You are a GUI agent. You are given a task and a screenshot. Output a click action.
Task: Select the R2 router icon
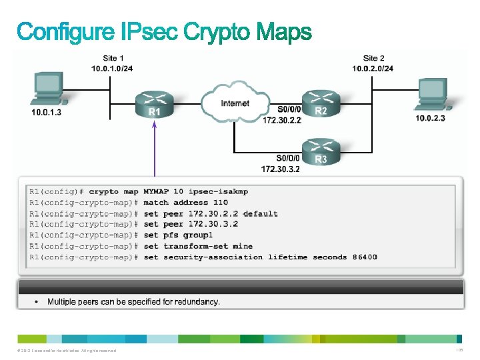[x=319, y=103]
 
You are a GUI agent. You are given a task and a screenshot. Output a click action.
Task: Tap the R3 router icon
[x=319, y=151]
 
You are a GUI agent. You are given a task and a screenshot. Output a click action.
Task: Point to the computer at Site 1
[x=47, y=90]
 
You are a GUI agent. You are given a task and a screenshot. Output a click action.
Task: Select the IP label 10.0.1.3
[x=47, y=113]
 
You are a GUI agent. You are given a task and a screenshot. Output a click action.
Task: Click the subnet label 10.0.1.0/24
[x=111, y=69]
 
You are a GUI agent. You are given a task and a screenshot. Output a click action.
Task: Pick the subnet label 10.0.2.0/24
[x=373, y=69]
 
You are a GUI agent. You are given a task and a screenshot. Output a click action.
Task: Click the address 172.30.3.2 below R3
[x=281, y=169]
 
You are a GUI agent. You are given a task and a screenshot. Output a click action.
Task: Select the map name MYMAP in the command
[x=156, y=191]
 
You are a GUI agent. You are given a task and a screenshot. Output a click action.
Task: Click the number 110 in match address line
[x=220, y=203]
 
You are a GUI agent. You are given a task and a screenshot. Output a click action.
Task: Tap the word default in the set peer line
[x=261, y=214]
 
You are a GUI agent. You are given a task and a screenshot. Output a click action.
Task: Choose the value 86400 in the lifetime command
[x=365, y=257]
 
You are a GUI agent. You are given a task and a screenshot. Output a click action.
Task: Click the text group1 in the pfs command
[x=198, y=235]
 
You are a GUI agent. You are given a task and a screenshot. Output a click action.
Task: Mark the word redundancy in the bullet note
[x=194, y=302]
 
